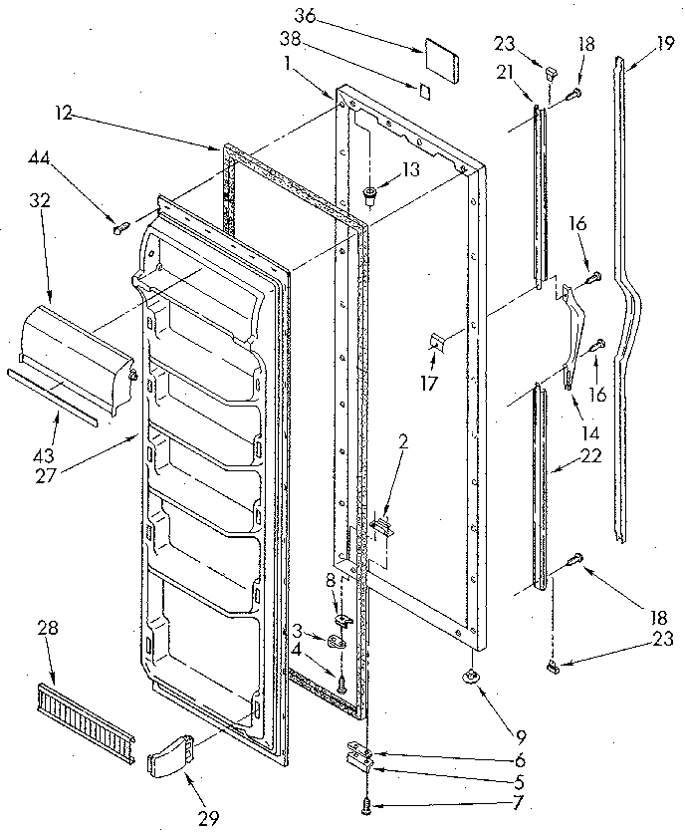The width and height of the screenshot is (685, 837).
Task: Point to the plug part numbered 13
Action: click(369, 194)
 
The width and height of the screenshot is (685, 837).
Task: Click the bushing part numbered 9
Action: click(468, 678)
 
